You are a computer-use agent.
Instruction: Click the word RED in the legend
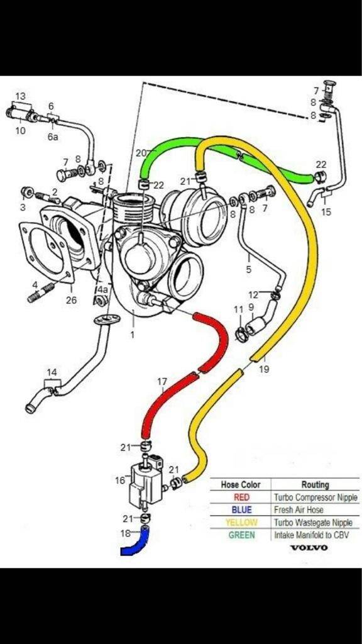[241, 497]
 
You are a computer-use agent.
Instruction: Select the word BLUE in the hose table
[241, 510]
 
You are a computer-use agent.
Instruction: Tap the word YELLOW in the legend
[241, 523]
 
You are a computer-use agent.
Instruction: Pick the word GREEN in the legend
[241, 535]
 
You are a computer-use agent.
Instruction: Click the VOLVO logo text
[309, 547]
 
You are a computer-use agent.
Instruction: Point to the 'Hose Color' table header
[241, 485]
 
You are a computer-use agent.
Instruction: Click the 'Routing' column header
[315, 485]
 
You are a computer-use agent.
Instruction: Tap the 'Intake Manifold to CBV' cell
[312, 535]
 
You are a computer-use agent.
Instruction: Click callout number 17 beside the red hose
[162, 381]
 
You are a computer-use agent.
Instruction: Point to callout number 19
[264, 369]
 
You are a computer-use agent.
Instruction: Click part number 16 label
[119, 480]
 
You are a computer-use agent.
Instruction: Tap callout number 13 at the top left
[21, 96]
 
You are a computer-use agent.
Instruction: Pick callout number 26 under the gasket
[71, 300]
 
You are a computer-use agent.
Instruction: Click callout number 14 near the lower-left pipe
[52, 372]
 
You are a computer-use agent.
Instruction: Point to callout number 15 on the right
[326, 212]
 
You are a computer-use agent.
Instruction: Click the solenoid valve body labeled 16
[143, 484]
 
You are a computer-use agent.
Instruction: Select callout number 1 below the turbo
[132, 335]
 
